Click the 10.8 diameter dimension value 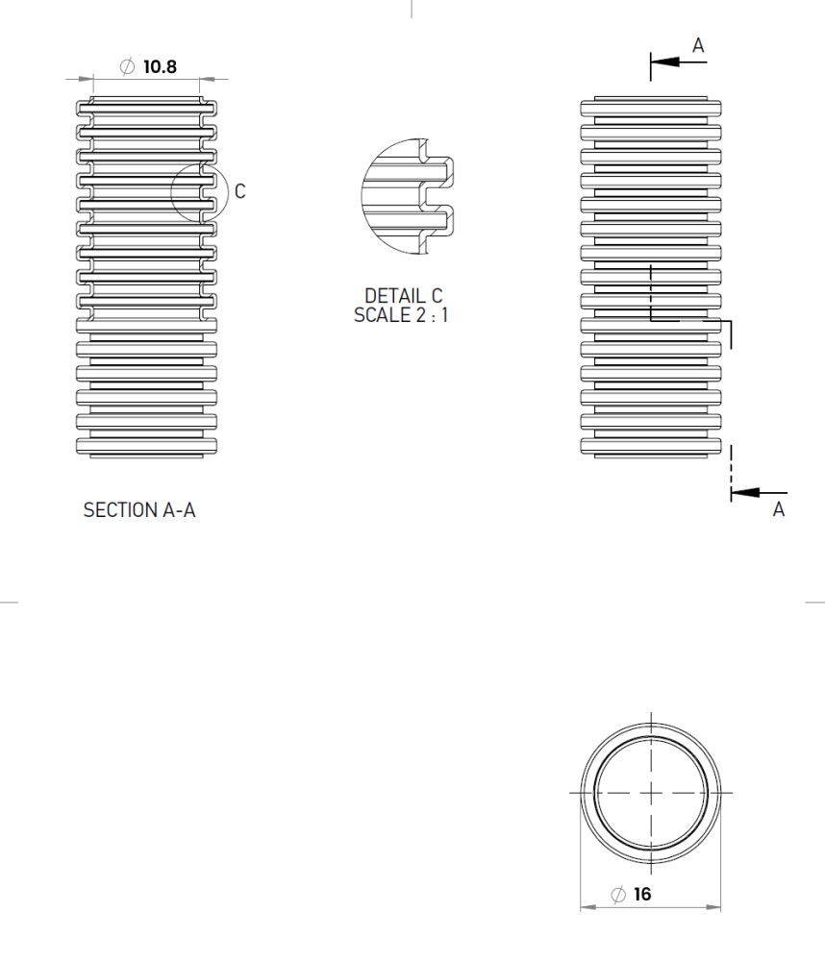160,66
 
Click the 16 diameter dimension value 642,894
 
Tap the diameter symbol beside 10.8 127,66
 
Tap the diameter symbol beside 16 618,894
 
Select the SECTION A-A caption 139,510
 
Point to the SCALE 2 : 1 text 401,315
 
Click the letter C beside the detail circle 239,191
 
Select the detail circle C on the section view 199,191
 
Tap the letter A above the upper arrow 698,45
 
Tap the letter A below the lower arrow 778,510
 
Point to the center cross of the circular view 651,792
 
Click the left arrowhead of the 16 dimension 587,906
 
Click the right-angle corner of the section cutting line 730,321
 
